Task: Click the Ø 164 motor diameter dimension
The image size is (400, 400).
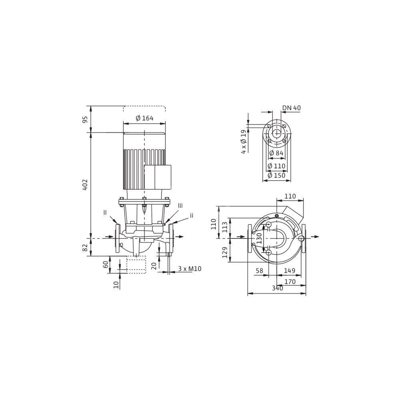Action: pos(144,118)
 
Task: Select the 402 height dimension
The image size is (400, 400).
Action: pos(85,184)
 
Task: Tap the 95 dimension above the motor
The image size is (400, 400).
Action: pos(85,119)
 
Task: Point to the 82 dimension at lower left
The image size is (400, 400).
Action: pos(85,247)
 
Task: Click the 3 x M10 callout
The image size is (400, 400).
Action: pos(190,269)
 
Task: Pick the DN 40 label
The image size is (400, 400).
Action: pos(292,108)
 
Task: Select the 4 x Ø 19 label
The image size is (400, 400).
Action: pos(244,142)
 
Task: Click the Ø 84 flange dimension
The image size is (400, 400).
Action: pos(276,153)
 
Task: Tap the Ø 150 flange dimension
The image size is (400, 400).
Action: pos(276,176)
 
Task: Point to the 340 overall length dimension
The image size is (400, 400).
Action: pos(277,288)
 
